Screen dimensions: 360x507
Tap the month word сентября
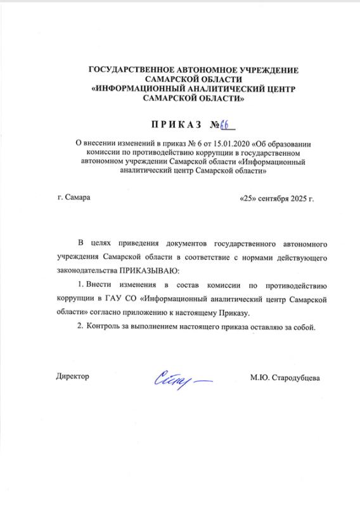tap(273, 198)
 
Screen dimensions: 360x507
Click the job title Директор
tap(73, 377)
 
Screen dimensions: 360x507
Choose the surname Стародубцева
tap(295, 378)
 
